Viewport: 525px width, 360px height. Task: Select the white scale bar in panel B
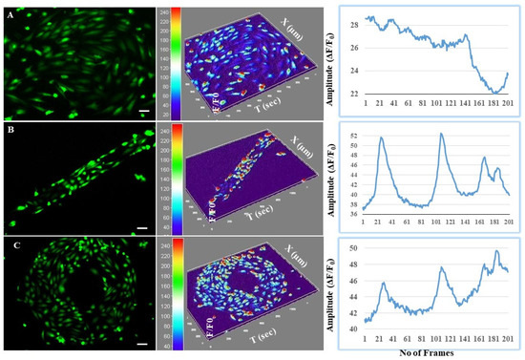pyautogui.click(x=139, y=228)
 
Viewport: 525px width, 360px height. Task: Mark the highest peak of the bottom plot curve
pyautogui.click(x=496, y=251)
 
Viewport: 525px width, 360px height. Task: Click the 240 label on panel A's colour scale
pyautogui.click(x=165, y=12)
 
